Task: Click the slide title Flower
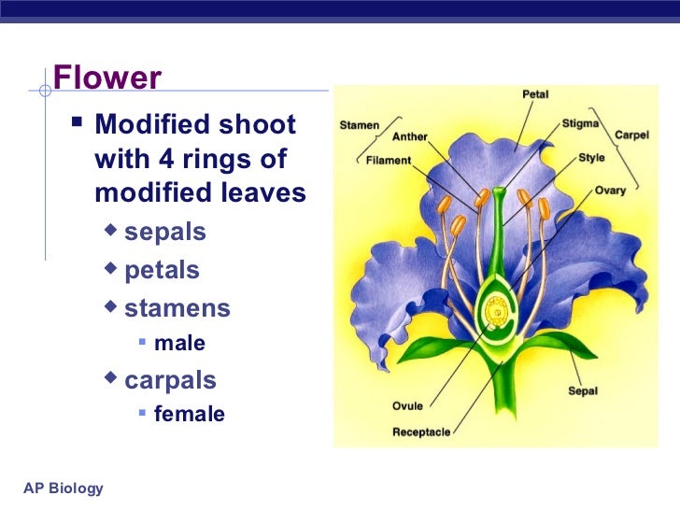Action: click(x=107, y=78)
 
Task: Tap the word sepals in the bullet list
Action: click(x=165, y=231)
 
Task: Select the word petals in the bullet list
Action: click(x=162, y=270)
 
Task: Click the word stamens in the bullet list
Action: click(x=177, y=308)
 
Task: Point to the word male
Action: click(x=179, y=344)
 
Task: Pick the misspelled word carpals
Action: click(x=170, y=380)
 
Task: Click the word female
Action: click(x=189, y=414)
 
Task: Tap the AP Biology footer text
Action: click(x=64, y=489)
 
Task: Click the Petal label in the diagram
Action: click(x=534, y=94)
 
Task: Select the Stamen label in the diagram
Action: click(x=359, y=124)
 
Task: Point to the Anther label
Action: click(x=409, y=136)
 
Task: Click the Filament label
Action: click(x=388, y=160)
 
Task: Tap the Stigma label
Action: click(x=581, y=122)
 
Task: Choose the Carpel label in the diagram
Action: click(x=630, y=135)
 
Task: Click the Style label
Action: click(x=591, y=158)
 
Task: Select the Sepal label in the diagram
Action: click(x=583, y=391)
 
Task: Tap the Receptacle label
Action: click(x=420, y=432)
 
